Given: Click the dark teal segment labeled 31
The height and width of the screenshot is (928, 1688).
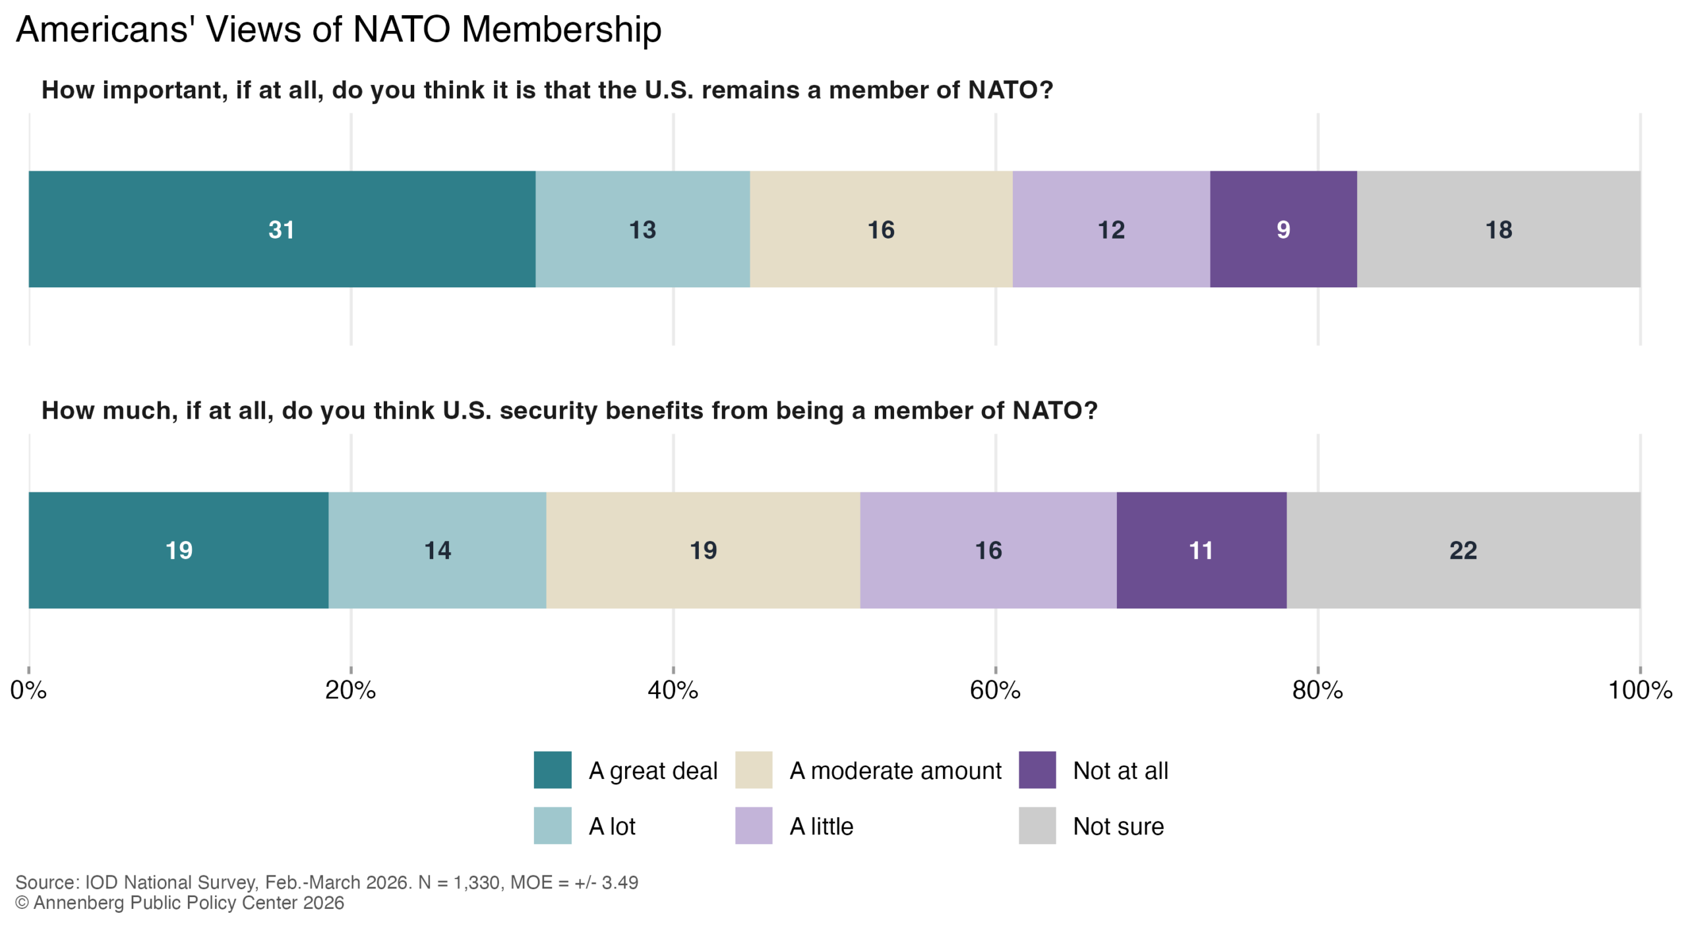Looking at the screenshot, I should [x=282, y=229].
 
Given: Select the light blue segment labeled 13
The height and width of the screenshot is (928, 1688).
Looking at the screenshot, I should [x=642, y=229].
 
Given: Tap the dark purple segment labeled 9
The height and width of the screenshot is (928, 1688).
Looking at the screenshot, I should [x=1282, y=229].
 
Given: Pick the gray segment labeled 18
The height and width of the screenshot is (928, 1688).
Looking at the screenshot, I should [x=1498, y=229].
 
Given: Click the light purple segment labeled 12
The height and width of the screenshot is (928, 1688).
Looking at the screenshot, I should [x=1110, y=229].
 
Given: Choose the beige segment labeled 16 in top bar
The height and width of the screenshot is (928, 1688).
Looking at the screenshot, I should [x=880, y=229].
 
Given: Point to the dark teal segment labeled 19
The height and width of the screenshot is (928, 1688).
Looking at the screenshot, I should [x=178, y=550].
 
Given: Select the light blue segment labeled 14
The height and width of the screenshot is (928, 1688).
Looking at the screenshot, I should [x=437, y=550].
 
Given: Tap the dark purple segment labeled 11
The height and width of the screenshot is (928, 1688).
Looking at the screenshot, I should [x=1201, y=550].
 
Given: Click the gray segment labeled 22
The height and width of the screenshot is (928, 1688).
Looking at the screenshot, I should [x=1462, y=550].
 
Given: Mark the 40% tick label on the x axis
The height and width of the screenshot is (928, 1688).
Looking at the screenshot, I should [x=673, y=690].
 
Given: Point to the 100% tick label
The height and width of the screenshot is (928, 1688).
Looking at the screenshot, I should [x=1640, y=690].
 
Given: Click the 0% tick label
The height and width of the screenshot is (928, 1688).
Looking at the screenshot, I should [x=28, y=690].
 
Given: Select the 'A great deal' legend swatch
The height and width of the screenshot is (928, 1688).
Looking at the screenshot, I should [x=552, y=770].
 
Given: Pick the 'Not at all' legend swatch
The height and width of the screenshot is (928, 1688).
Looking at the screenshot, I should [x=1037, y=770].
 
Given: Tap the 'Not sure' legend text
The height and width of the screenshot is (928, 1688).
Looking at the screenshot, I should [x=1118, y=826].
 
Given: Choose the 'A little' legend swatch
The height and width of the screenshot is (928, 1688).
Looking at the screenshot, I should [x=753, y=826].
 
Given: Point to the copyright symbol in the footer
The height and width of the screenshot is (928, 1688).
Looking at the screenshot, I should [x=22, y=903].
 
